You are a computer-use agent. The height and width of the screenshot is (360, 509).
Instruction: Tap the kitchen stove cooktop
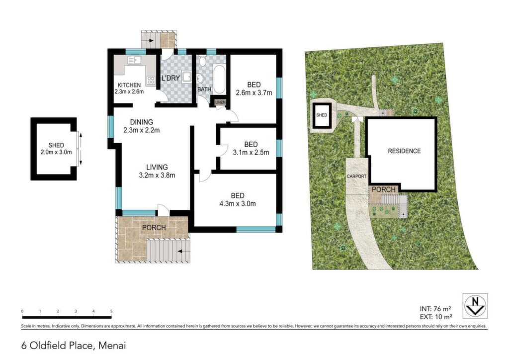pos(151,80)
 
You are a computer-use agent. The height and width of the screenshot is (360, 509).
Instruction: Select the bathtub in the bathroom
pos(219,79)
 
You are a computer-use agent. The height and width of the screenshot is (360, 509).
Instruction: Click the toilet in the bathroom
pos(202,61)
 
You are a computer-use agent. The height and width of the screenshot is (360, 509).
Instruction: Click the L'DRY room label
pos(171,78)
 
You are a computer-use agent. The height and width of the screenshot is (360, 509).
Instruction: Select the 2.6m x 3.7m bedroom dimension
pos(254,93)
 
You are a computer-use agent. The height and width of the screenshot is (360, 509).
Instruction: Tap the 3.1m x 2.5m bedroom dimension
pos(251,153)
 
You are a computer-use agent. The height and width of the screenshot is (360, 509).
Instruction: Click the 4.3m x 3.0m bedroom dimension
pos(238,204)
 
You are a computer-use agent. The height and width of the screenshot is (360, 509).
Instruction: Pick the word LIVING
pos(157,167)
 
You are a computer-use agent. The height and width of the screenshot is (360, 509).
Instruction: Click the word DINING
pos(142,122)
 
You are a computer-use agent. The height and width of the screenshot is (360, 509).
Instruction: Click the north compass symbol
pos(475,305)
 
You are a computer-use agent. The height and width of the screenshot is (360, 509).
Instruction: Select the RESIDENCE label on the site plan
pos(404,151)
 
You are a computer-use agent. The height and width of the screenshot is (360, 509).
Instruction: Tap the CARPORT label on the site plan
pos(356,176)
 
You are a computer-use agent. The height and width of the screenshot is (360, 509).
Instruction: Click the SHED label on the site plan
pos(322,115)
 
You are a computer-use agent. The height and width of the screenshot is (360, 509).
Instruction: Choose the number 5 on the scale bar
pos(111,311)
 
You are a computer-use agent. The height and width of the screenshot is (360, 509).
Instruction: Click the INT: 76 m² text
pos(435,309)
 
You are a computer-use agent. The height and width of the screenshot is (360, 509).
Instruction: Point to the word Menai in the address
pos(112,346)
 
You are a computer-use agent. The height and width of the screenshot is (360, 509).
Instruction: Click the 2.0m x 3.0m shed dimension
pos(56,152)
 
